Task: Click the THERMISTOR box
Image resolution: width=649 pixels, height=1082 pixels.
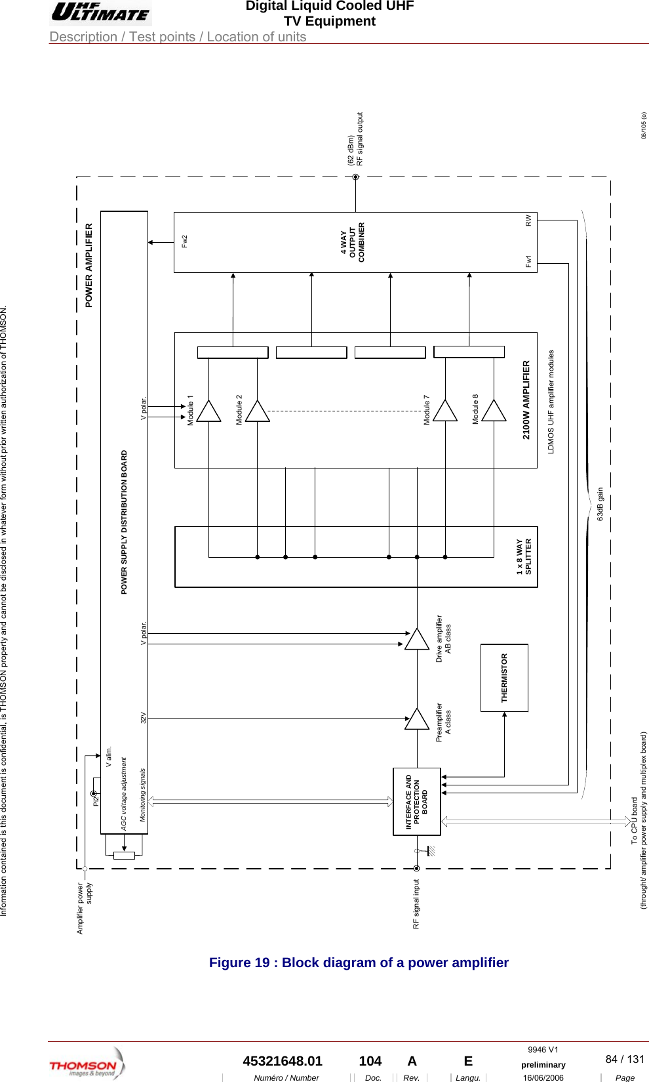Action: (504, 678)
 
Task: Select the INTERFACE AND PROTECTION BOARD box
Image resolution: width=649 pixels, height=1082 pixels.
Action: (416, 801)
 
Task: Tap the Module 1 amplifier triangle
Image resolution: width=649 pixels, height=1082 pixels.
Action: (208, 411)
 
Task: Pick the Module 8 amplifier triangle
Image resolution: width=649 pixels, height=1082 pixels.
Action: (494, 411)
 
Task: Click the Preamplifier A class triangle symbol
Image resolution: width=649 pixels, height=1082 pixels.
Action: (417, 719)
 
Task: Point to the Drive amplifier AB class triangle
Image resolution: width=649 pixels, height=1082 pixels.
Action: (417, 639)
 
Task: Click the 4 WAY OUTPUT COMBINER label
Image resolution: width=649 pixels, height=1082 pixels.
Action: (353, 242)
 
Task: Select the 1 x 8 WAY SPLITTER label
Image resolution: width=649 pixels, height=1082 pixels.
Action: (524, 557)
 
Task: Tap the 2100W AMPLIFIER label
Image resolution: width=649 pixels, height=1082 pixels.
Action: (526, 400)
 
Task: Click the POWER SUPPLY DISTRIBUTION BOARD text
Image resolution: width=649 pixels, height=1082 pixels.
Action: (124, 522)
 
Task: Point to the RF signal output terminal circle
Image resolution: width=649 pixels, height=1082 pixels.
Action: (356, 177)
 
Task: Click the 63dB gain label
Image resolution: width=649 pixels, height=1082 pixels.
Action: (600, 504)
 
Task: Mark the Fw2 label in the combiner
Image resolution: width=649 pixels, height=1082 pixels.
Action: (185, 241)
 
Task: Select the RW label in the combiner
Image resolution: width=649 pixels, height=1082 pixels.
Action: (528, 220)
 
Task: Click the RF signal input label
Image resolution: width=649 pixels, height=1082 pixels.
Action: (416, 904)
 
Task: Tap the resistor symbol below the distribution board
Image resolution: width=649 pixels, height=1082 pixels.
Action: (124, 855)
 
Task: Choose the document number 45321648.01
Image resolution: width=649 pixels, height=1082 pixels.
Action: (283, 1061)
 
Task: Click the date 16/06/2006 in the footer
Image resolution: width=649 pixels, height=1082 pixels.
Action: (543, 1077)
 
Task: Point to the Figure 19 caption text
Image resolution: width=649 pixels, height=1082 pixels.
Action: (359, 963)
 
